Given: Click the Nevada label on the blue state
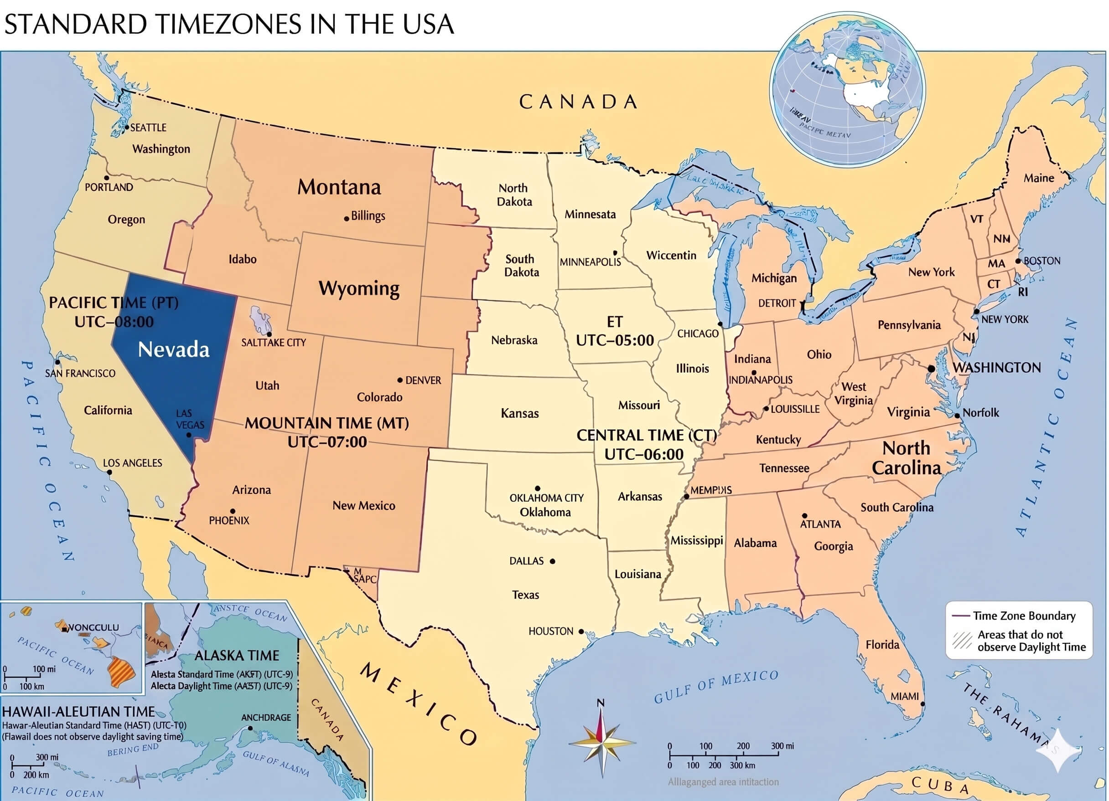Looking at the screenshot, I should tap(174, 349).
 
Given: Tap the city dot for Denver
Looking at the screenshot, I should tap(400, 380).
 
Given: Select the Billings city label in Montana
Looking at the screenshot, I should tap(368, 216).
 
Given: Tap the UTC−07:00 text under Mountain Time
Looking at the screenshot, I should tap(327, 442).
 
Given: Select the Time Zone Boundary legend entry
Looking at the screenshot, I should tap(1023, 616).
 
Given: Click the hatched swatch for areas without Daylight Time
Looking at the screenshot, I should tap(962, 640).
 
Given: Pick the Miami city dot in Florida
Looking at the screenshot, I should tap(922, 704).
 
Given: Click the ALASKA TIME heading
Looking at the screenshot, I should tap(237, 655).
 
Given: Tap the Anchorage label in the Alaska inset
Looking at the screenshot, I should tap(266, 718).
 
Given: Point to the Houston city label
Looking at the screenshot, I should tap(550, 632).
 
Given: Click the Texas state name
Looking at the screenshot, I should tap(525, 595).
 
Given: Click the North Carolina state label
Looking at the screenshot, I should tap(906, 458).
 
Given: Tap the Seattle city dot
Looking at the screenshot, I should tap(127, 128).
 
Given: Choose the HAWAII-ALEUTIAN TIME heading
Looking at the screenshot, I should tap(78, 712).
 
